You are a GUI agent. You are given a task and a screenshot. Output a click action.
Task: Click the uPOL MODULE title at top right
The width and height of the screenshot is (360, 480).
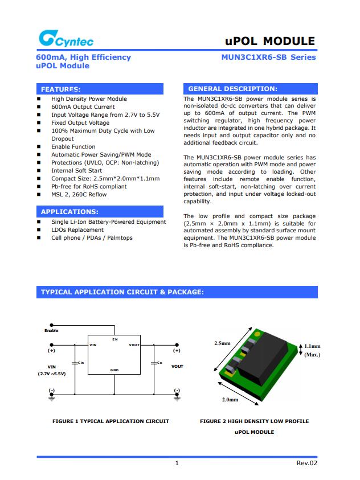tap(270, 41)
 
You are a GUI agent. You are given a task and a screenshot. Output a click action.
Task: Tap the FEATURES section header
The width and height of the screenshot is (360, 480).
tap(60, 89)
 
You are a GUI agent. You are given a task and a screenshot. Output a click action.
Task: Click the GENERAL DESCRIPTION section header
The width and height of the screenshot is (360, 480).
tap(232, 89)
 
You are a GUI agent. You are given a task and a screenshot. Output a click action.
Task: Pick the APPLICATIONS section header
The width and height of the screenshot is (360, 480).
tap(69, 212)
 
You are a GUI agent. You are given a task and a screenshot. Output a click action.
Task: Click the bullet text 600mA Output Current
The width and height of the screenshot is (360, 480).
tap(83, 107)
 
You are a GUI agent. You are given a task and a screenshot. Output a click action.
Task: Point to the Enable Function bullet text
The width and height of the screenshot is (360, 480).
tap(73, 147)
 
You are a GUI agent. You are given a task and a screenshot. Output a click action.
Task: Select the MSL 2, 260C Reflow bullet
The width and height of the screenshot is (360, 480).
tap(79, 195)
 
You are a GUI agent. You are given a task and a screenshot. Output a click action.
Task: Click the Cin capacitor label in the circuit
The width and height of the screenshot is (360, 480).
tap(80, 363)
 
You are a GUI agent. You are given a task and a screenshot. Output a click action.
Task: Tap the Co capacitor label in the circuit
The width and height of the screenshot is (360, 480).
tap(159, 363)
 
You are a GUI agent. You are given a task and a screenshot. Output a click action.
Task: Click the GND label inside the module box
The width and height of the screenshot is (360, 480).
tap(114, 371)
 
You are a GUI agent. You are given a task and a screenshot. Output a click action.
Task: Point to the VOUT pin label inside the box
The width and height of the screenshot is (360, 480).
tap(134, 345)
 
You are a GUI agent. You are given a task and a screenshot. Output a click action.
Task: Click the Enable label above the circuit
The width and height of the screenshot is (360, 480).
tap(51, 331)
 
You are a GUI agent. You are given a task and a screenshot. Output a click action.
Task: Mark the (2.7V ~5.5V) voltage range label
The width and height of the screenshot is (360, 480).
tap(52, 374)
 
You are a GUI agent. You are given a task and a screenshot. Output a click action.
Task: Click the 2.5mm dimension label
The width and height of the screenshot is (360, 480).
tap(222, 343)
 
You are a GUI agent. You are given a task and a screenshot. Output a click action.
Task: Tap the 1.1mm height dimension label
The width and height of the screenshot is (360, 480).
tap(312, 346)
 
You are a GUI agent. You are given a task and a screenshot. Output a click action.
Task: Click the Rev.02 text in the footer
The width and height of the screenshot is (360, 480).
tap(306, 463)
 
